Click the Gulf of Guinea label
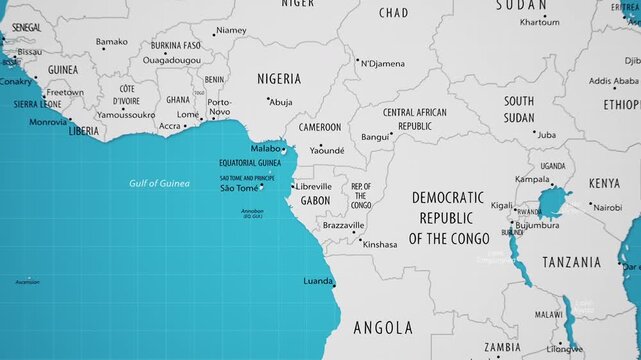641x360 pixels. pos(159,183)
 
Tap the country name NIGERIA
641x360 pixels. pos(279,79)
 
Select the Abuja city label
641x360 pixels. pos(281,102)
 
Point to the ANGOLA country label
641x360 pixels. pos(383,327)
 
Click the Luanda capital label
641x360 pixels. pos(318,281)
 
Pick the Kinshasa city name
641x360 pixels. pos(380,244)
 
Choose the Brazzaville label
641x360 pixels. pos(343,226)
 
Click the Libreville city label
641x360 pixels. pos(314,186)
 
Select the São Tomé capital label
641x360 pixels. pos(240,188)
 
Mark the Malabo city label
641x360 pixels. pos(265,148)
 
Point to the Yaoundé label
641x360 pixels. pos(327,150)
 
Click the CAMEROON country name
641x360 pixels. pos(320,128)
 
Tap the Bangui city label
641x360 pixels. pos(376,137)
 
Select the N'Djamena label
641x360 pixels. pos(383,64)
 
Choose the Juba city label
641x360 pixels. pos(546,134)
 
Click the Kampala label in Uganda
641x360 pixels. pos(532,180)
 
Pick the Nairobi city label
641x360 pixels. pos(606,208)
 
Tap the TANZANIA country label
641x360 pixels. pos(572,262)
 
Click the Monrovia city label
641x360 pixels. pos(48,122)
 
